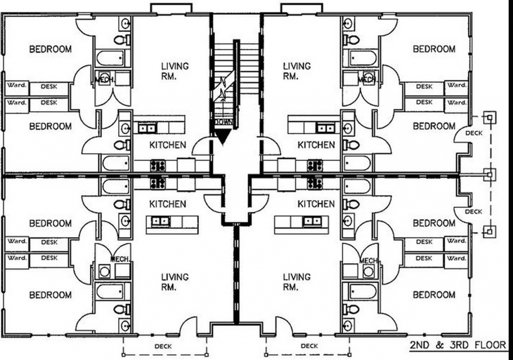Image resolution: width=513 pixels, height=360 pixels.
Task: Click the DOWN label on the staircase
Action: click(x=224, y=122)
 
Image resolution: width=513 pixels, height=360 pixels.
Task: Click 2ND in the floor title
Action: click(x=419, y=345)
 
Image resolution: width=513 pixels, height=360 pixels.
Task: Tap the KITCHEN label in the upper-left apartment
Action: click(x=168, y=145)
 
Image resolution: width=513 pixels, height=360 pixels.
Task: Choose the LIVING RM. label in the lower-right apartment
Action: click(x=297, y=282)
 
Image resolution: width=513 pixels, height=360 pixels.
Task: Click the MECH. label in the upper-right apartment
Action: click(x=367, y=80)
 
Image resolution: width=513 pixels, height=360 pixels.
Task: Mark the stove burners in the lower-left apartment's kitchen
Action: click(x=158, y=183)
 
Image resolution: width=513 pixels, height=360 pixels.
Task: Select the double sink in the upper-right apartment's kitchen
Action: click(x=325, y=128)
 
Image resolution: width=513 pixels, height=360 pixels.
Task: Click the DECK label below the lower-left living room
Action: click(x=163, y=346)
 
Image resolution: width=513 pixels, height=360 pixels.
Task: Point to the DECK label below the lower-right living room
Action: click(x=309, y=346)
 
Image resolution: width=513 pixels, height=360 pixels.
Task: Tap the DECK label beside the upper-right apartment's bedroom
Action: click(x=474, y=133)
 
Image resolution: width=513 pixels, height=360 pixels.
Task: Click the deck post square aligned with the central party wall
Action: click(x=489, y=175)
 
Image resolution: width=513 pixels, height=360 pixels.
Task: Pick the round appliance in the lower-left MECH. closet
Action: click(x=104, y=272)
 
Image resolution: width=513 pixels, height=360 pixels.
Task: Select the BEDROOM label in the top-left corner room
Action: click(x=50, y=49)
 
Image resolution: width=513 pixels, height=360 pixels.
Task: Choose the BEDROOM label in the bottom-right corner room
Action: click(x=434, y=295)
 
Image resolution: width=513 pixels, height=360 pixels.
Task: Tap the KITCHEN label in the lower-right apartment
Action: click(x=316, y=204)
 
